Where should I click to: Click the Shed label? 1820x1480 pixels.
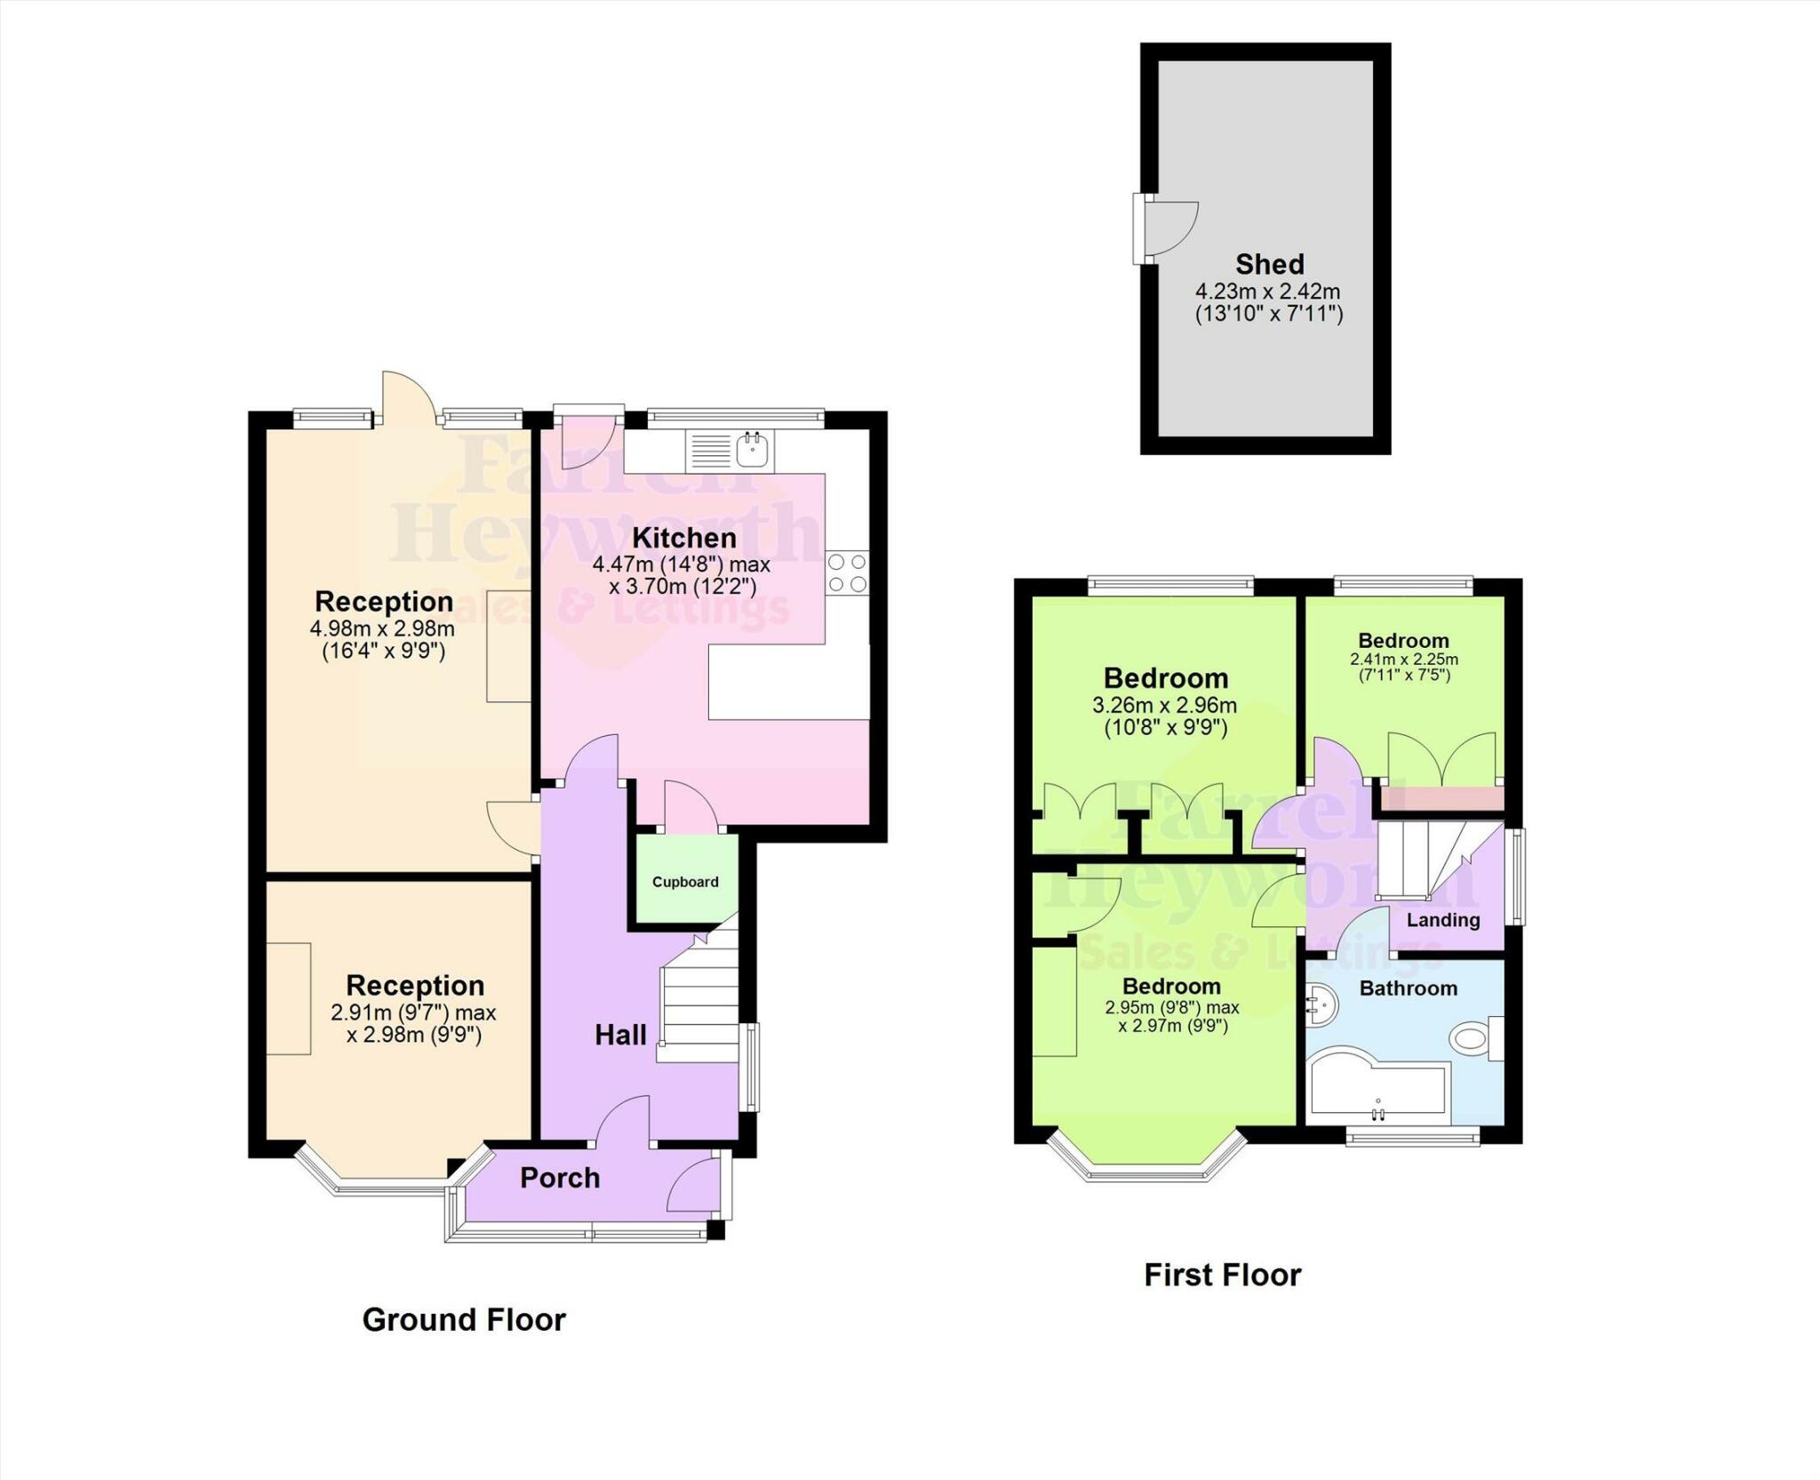(x=1269, y=264)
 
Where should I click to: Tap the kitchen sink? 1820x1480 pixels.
(x=754, y=450)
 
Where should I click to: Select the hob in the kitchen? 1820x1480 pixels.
(x=847, y=572)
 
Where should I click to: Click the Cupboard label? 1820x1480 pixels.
(x=685, y=882)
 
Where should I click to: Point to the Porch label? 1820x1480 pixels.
(x=560, y=1178)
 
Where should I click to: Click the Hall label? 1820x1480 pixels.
(x=620, y=1035)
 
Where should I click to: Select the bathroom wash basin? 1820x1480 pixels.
(x=1321, y=1007)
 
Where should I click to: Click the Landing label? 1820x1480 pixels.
(x=1443, y=920)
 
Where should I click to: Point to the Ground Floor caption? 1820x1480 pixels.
(x=464, y=1320)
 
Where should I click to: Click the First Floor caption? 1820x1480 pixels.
(x=1222, y=1276)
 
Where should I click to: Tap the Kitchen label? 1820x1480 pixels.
(x=683, y=538)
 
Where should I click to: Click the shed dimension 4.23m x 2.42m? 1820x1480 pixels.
(x=1267, y=292)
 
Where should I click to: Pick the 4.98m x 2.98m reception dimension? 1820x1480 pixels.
(x=382, y=628)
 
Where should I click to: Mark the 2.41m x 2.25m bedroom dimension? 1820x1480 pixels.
(x=1404, y=660)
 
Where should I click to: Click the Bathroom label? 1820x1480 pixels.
(x=1408, y=988)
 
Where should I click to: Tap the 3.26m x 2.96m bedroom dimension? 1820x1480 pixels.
(x=1164, y=706)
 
